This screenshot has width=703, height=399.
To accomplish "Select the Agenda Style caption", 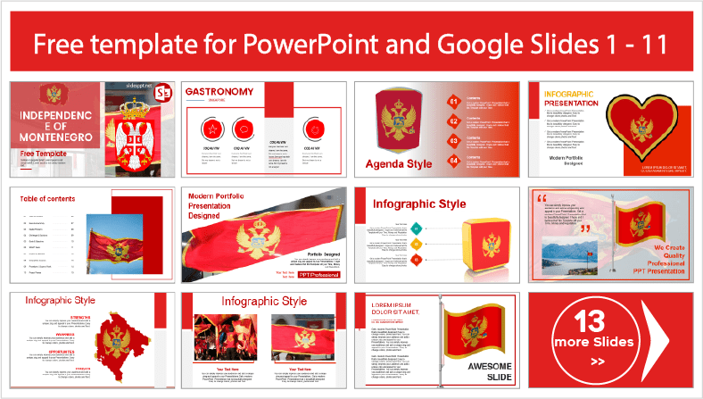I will tap(399, 163).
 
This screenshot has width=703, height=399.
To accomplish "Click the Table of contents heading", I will tap(47, 199).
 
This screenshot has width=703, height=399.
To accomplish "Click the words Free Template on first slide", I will tap(42, 154).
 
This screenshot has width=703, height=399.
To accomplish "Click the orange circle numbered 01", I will tap(453, 101).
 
